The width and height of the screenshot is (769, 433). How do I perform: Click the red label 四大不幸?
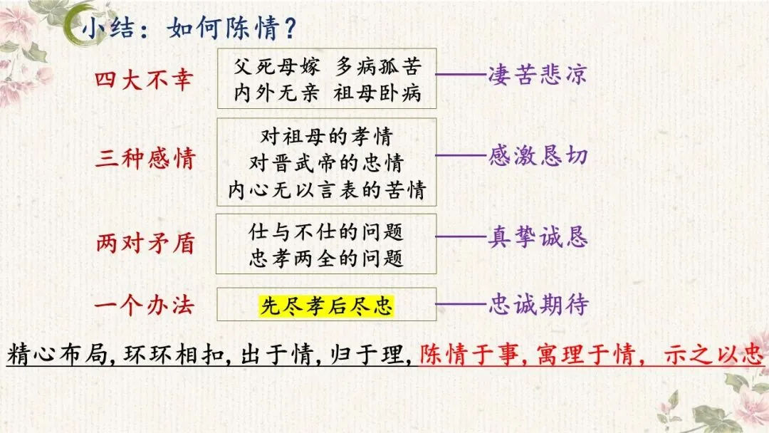(144, 79)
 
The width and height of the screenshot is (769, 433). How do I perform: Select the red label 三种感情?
(144, 157)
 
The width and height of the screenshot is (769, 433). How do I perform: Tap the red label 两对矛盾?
(144, 244)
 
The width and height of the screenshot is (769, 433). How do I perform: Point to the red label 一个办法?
(144, 306)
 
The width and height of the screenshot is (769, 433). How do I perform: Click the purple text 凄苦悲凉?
(538, 75)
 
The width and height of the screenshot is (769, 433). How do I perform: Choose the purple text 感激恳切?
(538, 156)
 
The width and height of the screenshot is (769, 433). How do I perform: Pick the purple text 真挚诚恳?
(538, 237)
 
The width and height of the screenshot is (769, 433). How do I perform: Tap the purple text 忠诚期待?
(538, 305)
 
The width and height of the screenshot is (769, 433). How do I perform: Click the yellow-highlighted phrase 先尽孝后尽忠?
(326, 306)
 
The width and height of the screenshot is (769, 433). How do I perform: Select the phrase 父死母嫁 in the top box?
(277, 67)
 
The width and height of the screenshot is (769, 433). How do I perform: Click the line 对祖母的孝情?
(326, 135)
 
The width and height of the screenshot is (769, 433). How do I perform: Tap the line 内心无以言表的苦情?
(326, 190)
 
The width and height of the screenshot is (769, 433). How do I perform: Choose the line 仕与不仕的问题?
(326, 231)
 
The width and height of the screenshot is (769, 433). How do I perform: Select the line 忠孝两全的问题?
(326, 257)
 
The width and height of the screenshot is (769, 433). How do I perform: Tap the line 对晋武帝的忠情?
(326, 162)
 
